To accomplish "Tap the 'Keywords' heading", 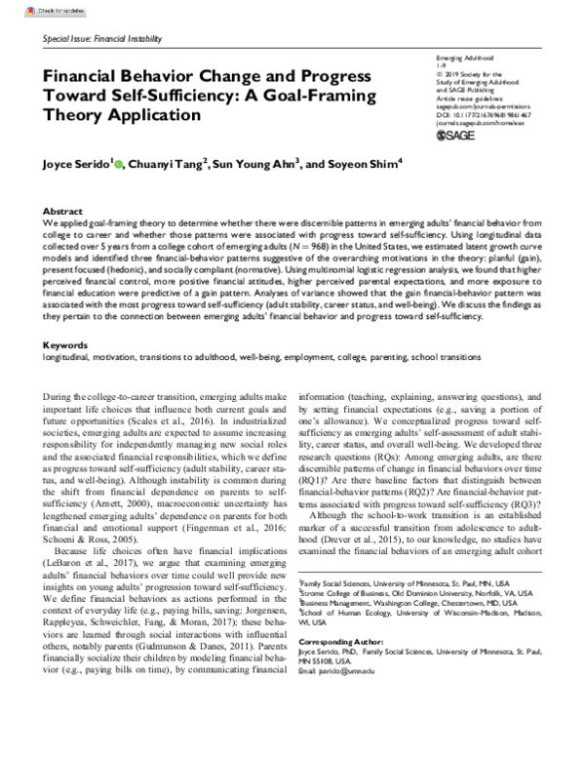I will click(66, 346).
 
